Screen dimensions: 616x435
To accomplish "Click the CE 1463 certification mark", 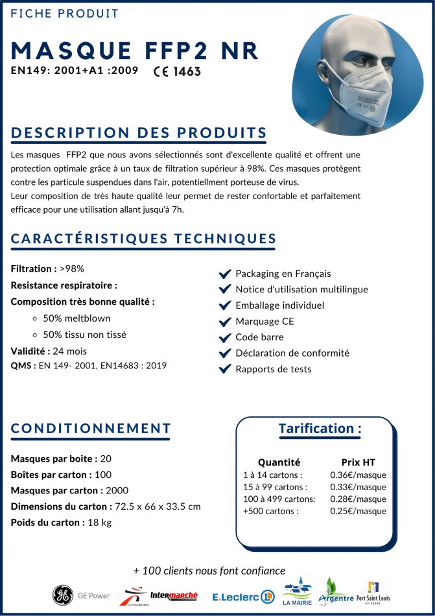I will click(177, 71).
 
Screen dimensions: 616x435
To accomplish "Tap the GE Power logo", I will click(82, 595).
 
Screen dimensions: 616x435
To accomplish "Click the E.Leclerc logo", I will click(244, 596).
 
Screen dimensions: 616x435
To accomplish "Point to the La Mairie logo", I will click(296, 592).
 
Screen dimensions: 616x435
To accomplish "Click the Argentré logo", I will click(335, 593).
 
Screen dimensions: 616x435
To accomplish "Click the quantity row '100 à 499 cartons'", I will click(279, 499).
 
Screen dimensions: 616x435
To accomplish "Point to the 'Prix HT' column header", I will click(358, 462).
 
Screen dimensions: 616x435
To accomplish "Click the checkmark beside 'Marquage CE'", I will click(225, 322).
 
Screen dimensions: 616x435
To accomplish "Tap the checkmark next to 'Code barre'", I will click(225, 337).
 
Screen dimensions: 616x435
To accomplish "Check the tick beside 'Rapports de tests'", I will click(225, 369).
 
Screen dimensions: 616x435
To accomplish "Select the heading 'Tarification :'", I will click(320, 429).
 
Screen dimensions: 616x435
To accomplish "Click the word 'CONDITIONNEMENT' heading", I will click(91, 429).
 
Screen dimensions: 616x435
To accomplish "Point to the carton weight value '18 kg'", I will click(99, 523).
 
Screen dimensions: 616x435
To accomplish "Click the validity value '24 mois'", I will click(69, 351).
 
